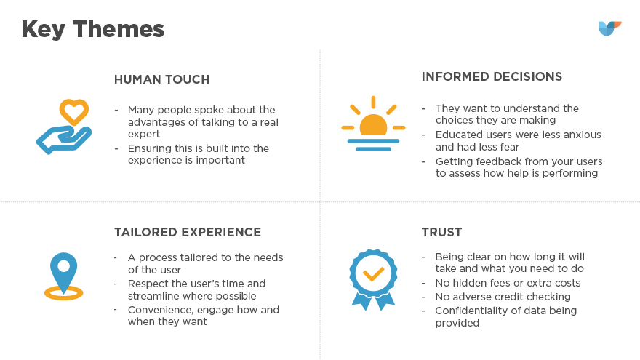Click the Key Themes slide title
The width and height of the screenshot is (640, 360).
[x=92, y=29]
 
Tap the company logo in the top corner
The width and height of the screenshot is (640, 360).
[x=609, y=28]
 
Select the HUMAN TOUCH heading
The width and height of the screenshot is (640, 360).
[x=161, y=79]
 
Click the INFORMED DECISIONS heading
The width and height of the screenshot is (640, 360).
[x=492, y=76]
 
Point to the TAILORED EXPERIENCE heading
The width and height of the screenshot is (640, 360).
[x=188, y=232]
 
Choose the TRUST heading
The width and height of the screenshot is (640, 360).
[x=441, y=232]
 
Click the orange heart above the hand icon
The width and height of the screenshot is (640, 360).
[x=74, y=111]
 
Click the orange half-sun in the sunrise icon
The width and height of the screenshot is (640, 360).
[x=373, y=125]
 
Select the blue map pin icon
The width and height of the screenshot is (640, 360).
[x=64, y=271]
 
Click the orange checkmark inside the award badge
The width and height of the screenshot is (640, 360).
[x=373, y=274]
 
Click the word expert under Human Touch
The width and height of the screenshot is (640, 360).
[x=144, y=135]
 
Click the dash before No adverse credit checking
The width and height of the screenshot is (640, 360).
[x=423, y=297]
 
